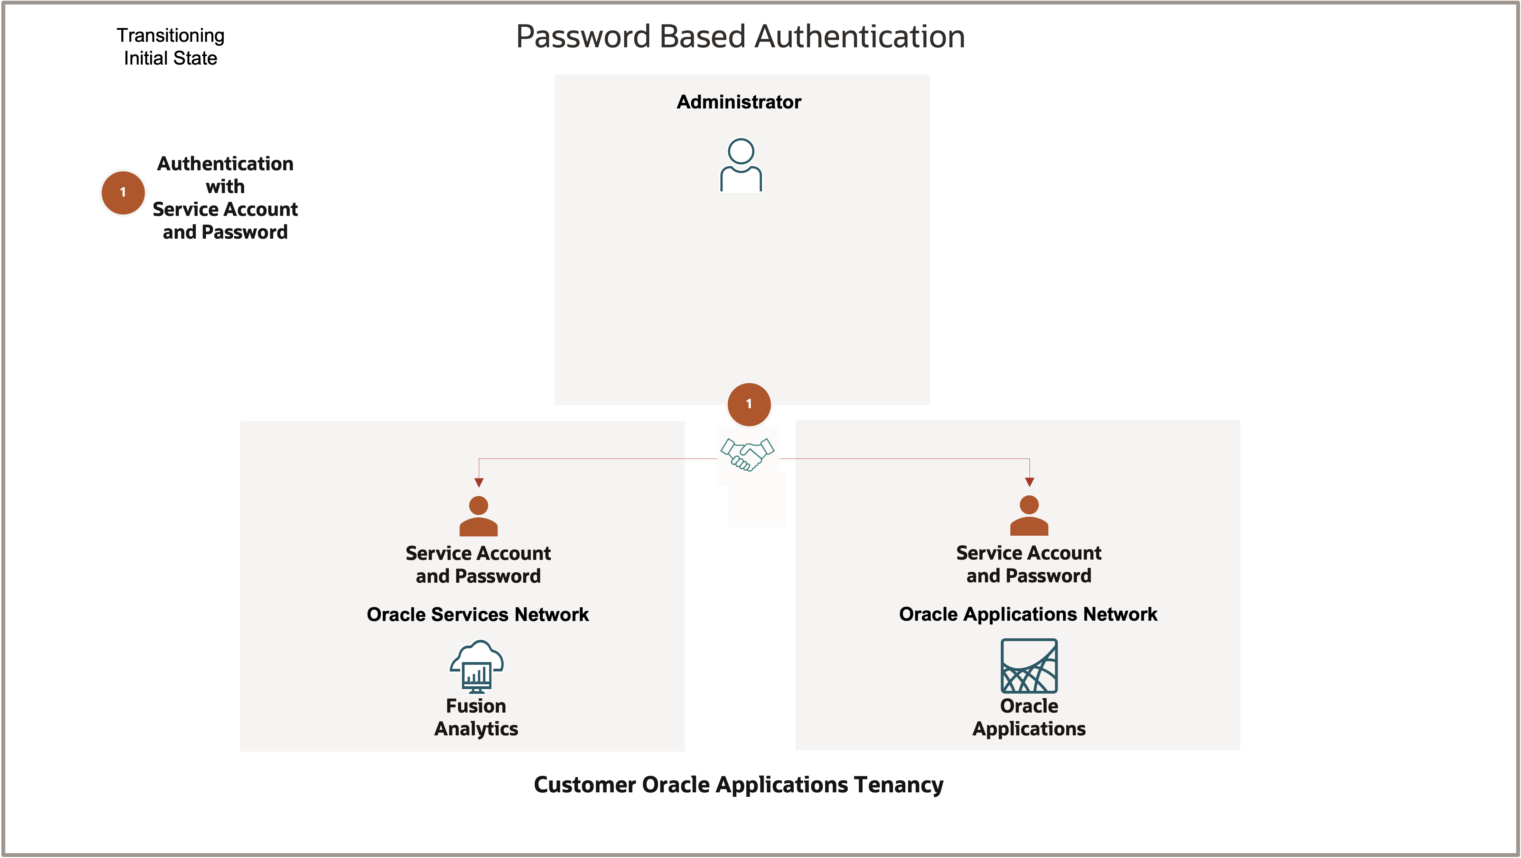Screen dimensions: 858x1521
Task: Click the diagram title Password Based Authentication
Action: (x=740, y=37)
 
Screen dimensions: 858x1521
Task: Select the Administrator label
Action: (x=739, y=102)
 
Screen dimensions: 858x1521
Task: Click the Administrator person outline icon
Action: (x=741, y=165)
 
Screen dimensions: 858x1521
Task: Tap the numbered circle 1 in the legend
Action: (x=123, y=192)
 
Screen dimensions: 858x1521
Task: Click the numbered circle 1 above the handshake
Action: (x=749, y=404)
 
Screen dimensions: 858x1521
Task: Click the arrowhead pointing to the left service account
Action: (x=479, y=483)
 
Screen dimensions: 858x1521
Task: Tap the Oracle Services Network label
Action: (x=478, y=614)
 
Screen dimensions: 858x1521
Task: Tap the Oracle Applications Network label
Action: (x=1028, y=614)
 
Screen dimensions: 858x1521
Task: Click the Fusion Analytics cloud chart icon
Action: (x=476, y=666)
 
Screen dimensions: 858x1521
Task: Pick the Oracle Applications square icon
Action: (x=1029, y=666)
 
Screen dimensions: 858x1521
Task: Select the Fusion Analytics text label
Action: (x=476, y=717)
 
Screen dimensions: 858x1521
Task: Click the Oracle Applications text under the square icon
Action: (x=1029, y=717)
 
